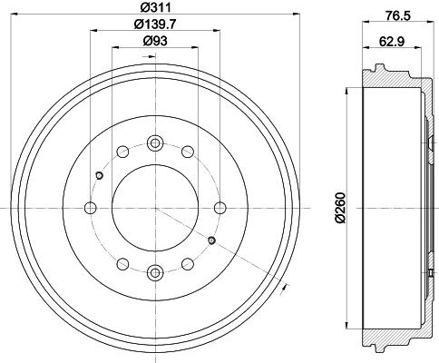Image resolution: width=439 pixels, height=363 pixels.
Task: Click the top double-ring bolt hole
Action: pyautogui.click(x=155, y=142)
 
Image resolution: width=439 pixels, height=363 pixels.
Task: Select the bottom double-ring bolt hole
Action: pyautogui.click(x=155, y=270)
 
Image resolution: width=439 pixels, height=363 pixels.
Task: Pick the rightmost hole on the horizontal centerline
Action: pyautogui.click(x=219, y=207)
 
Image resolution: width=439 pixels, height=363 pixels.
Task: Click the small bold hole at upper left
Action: pyautogui.click(x=100, y=175)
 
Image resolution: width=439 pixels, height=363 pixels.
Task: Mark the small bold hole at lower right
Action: pyautogui.click(x=210, y=240)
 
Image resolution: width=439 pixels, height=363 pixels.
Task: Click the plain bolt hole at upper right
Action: pyautogui.click(x=188, y=152)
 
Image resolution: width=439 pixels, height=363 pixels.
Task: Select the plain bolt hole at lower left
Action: pyautogui.click(x=123, y=262)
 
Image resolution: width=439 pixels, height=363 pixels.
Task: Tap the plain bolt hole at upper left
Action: pyautogui.click(x=123, y=152)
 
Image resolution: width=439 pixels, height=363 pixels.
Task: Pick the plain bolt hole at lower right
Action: pyautogui.click(x=188, y=262)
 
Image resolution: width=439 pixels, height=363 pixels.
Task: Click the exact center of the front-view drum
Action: pyautogui.click(x=155, y=207)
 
